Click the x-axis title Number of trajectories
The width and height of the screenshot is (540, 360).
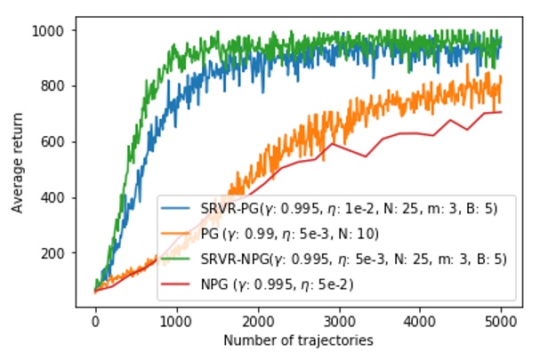click(x=298, y=340)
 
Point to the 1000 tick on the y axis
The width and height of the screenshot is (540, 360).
click(x=52, y=31)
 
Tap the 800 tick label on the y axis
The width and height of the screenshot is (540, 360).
click(x=55, y=86)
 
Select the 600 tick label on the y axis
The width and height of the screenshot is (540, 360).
click(x=55, y=142)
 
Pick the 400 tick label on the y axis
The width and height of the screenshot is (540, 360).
click(x=55, y=197)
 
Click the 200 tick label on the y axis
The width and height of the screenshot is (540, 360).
click(x=55, y=253)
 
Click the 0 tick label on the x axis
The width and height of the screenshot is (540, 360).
click(x=95, y=321)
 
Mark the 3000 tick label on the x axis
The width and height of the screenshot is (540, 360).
click(x=339, y=321)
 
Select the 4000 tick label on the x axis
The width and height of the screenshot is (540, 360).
click(x=421, y=321)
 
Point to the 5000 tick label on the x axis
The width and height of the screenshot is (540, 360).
click(x=502, y=321)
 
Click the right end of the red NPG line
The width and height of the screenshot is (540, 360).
click(x=502, y=112)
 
